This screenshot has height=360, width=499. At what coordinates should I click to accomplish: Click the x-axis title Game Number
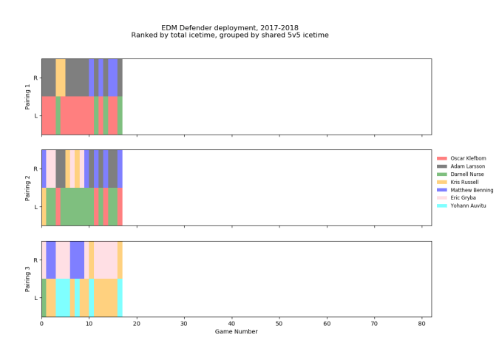point(236,332)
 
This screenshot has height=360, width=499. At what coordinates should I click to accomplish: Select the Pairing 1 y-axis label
point(28,97)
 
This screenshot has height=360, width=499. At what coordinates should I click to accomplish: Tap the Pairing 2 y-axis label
point(28,188)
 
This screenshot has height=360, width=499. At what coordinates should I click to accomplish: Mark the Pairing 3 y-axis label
point(28,279)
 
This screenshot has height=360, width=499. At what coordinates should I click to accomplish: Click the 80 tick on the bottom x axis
point(421,323)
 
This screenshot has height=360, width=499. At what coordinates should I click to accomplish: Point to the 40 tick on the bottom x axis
point(231,323)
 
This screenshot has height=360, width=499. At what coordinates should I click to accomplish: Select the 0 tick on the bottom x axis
point(41,323)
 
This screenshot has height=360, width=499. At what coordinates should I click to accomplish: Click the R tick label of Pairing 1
point(36,78)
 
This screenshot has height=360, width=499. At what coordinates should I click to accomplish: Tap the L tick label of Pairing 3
point(36,298)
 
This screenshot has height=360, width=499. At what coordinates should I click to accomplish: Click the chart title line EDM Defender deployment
point(230,27)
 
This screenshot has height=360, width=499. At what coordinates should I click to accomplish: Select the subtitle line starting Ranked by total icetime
point(230,35)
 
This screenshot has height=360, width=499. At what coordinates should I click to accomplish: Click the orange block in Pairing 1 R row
point(61,78)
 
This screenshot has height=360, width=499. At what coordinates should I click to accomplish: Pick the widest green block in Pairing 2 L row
point(77,207)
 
